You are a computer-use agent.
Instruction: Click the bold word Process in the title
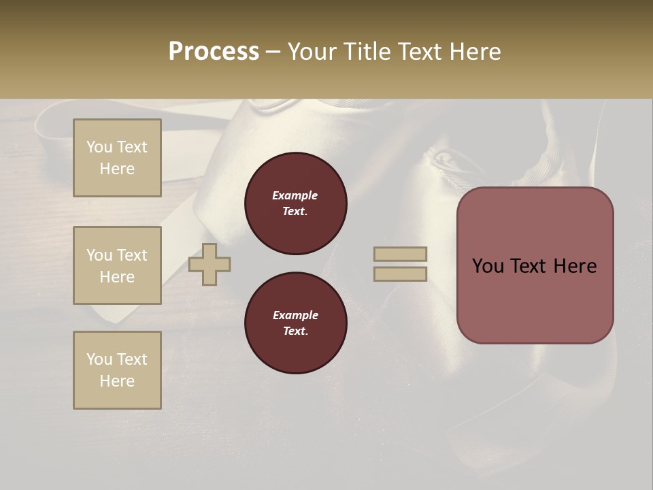tap(214, 52)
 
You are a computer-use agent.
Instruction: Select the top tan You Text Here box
tap(117, 158)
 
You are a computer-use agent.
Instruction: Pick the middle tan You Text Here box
tap(117, 265)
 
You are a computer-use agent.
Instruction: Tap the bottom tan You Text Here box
tap(117, 370)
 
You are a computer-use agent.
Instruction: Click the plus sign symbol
tap(210, 264)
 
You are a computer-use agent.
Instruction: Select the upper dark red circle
tap(296, 203)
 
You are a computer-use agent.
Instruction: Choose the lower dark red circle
tap(296, 323)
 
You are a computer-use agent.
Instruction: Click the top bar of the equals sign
tap(400, 254)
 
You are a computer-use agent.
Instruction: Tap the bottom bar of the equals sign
tap(400, 274)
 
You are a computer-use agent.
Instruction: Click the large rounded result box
tap(535, 265)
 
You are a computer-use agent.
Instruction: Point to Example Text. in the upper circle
tap(295, 203)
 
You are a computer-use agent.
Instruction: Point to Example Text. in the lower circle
tap(295, 323)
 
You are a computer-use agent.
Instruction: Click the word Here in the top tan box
tap(117, 169)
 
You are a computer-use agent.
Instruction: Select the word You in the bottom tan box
tap(99, 359)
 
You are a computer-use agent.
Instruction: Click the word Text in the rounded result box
tap(535, 266)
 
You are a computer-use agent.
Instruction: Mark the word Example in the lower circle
tap(295, 315)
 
